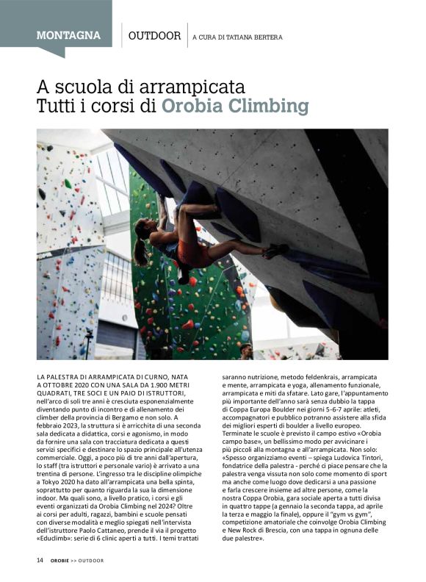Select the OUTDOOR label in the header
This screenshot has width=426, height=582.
pyautogui.click(x=154, y=35)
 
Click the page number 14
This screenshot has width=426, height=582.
pyautogui.click(x=40, y=560)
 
